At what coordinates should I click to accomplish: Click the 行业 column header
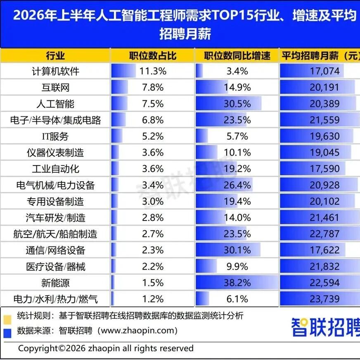tap(55, 56)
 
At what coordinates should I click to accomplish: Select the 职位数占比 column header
tap(153, 56)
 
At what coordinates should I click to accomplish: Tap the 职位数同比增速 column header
tap(237, 56)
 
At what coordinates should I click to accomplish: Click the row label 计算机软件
tap(55, 71)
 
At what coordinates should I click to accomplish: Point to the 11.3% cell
tap(153, 71)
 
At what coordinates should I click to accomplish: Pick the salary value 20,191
tap(324, 88)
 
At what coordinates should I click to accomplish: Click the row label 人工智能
tap(55, 104)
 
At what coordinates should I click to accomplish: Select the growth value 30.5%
tap(237, 104)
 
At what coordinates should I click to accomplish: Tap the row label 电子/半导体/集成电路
tap(55, 120)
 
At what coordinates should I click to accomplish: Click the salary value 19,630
tap(324, 136)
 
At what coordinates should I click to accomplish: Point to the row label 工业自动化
tap(55, 169)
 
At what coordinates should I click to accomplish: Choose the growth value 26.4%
tap(237, 185)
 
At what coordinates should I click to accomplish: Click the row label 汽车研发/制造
tap(55, 218)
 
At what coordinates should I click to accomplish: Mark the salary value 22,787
tap(324, 234)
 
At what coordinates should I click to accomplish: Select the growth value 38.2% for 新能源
tap(237, 283)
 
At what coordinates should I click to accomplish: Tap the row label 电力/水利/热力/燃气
tap(55, 299)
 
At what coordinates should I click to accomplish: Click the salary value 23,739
tap(324, 299)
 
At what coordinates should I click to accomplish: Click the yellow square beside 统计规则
tap(7, 320)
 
